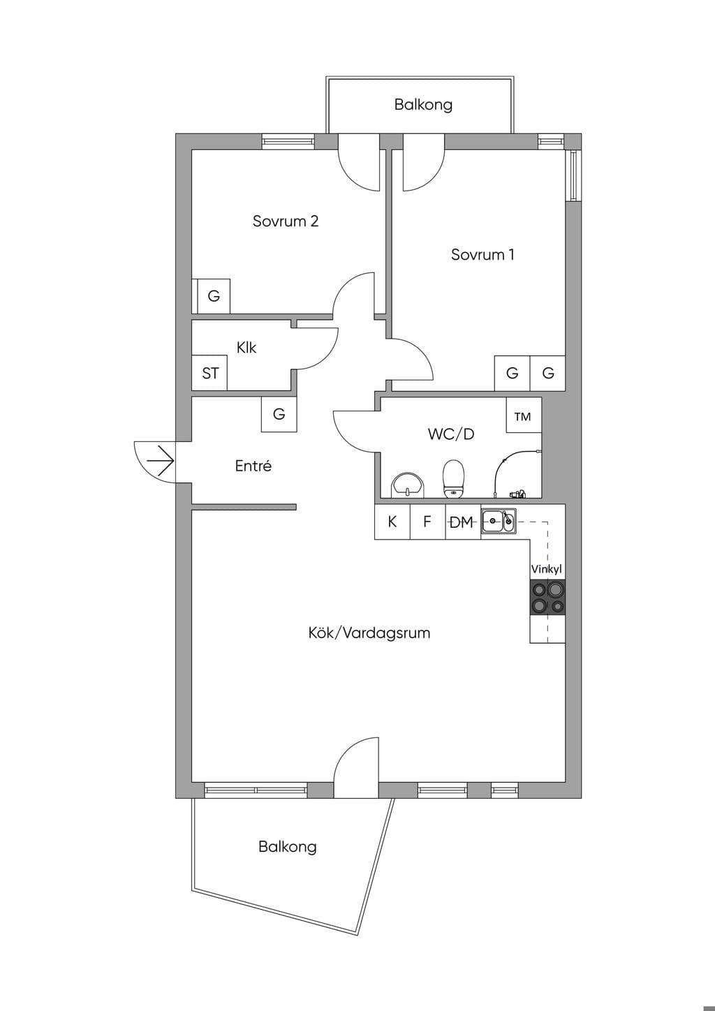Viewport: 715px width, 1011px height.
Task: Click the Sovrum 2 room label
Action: (286, 221)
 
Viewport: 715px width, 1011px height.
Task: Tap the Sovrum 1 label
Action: (482, 255)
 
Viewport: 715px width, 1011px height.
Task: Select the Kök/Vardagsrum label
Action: (369, 633)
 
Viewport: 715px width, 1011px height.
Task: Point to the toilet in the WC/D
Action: (454, 479)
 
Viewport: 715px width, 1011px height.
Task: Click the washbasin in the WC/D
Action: (408, 485)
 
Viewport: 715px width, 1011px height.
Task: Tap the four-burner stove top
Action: (547, 597)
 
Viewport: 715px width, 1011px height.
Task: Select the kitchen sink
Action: (499, 523)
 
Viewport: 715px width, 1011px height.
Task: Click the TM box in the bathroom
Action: (524, 415)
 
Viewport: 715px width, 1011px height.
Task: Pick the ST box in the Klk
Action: (209, 373)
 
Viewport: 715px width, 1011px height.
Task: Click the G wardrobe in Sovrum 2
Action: (214, 296)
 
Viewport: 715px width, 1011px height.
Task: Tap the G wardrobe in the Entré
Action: (279, 414)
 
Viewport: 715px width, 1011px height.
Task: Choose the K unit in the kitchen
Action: (392, 522)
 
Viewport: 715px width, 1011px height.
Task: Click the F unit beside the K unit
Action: (427, 522)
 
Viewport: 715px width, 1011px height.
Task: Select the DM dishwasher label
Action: (462, 522)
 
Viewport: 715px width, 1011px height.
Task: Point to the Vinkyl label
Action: (547, 569)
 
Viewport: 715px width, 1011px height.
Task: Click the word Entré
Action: (253, 466)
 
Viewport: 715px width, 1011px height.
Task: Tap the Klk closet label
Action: (246, 348)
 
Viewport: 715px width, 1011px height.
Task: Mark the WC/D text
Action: (451, 434)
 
